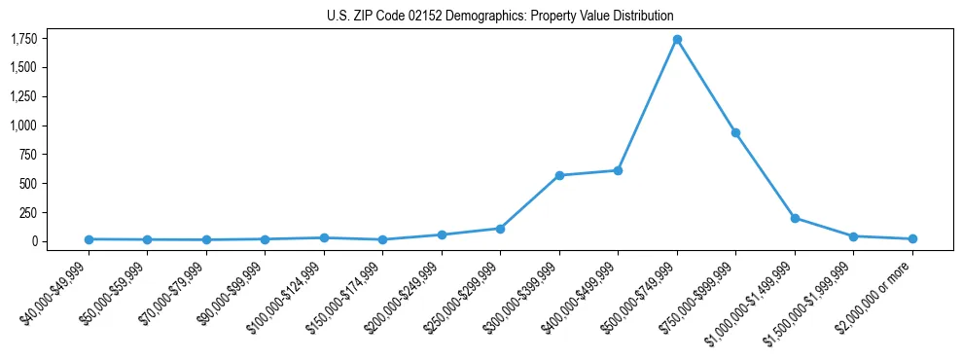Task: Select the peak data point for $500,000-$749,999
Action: coord(677,40)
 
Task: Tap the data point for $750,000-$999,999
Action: coord(735,132)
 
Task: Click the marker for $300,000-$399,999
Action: coord(559,175)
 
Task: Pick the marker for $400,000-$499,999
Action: coord(618,170)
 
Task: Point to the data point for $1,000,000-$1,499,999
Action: coord(795,218)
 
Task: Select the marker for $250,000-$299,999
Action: coord(500,229)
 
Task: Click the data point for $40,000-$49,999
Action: coord(89,239)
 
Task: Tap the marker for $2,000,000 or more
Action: coord(912,238)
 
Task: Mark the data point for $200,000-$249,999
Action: coord(442,234)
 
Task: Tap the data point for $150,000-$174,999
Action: coord(382,239)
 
